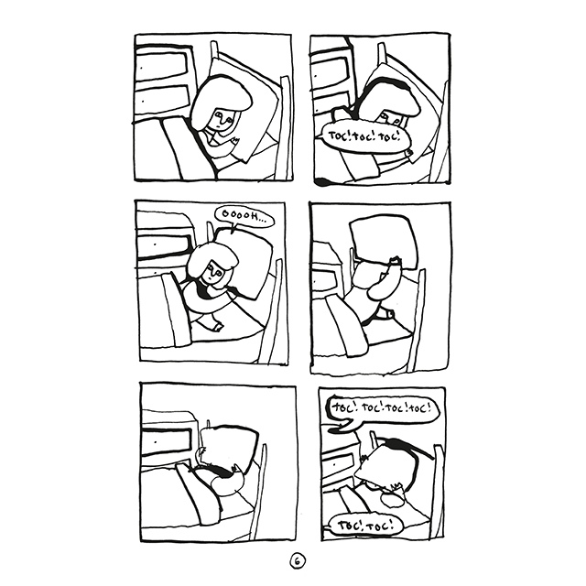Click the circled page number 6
pos(297,561)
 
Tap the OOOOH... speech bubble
pos(244,216)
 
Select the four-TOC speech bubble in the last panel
pos(382,408)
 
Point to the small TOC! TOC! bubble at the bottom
pos(365,525)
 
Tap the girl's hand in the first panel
pos(235,141)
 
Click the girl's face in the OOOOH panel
pos(214,274)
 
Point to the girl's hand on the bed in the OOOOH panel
pos(218,327)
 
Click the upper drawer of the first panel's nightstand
pos(161,67)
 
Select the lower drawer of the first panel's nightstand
pos(161,100)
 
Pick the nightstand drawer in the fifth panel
pos(167,441)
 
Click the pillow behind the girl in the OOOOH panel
pos(244,262)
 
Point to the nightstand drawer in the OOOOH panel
pos(165,245)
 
